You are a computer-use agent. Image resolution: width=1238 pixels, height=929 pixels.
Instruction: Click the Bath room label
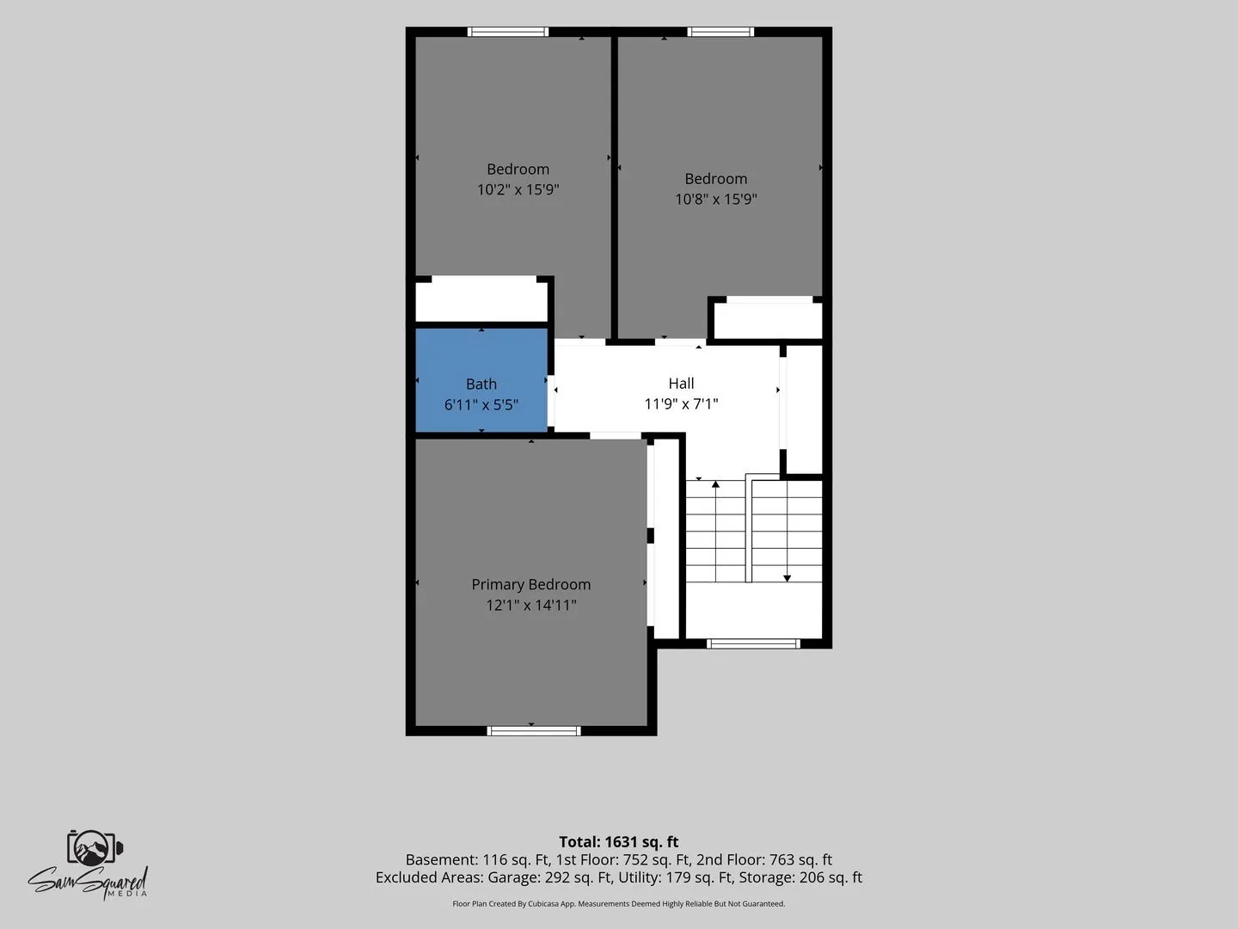point(481,385)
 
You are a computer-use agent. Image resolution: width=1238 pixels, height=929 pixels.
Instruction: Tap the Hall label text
point(681,384)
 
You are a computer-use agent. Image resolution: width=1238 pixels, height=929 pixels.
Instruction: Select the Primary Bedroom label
point(530,585)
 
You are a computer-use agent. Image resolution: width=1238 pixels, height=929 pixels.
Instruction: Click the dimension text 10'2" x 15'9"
point(518,189)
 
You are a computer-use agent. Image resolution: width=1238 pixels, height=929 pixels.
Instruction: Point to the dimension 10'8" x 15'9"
point(716,199)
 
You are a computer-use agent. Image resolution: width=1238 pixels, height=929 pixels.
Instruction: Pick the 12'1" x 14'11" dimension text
point(530,605)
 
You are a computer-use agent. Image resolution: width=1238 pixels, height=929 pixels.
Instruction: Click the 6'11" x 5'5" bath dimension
point(481,404)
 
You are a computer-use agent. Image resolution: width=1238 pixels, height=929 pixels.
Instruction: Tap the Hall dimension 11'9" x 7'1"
point(681,404)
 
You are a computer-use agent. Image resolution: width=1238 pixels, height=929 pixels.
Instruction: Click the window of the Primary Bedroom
point(534,731)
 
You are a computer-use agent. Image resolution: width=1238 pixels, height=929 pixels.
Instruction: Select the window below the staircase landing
point(753,643)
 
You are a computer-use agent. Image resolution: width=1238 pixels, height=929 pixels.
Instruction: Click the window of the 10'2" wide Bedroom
point(507,32)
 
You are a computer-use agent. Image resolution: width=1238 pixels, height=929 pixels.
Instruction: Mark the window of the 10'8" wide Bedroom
point(720,32)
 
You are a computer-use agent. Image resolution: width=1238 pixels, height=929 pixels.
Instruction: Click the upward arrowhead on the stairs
point(715,484)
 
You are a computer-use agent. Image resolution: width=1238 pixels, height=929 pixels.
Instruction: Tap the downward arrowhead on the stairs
point(787,578)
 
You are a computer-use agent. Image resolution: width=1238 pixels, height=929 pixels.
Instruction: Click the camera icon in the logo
point(95,847)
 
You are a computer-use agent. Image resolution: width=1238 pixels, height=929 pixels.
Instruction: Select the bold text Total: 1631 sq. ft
point(619,841)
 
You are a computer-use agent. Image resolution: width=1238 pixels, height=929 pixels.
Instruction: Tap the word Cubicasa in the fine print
point(543,904)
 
